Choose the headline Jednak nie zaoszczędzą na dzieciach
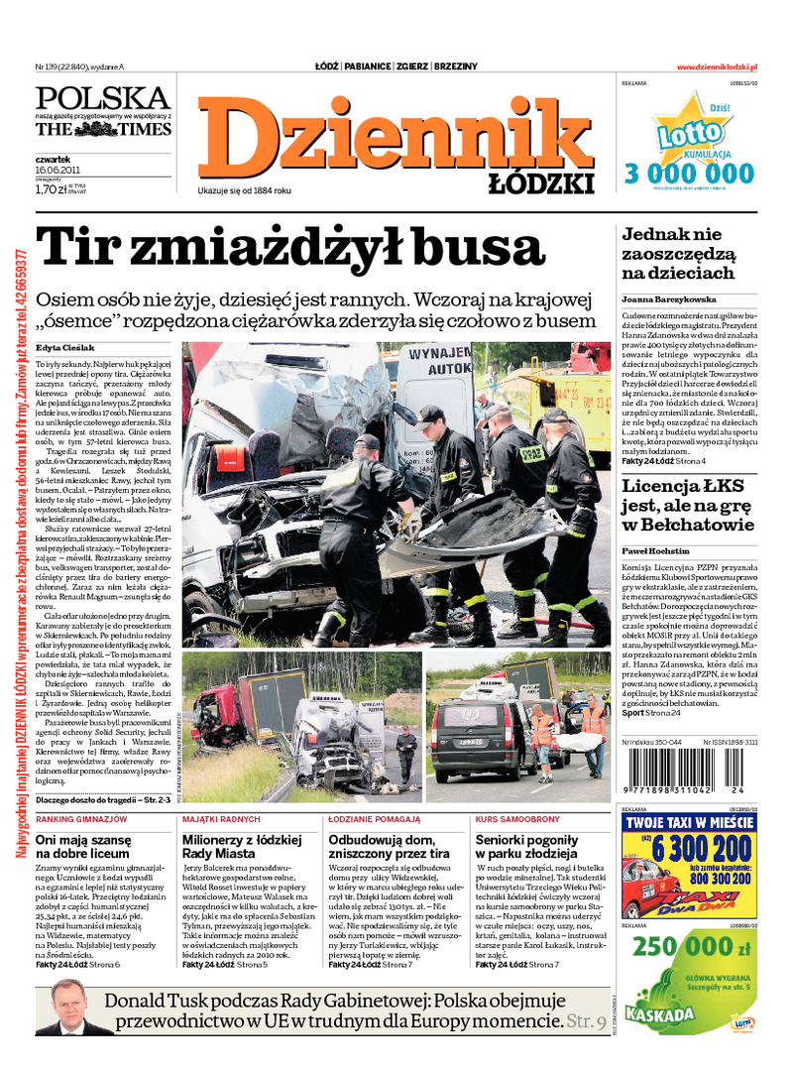pos(678,254)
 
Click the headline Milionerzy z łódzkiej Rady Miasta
pos(231,846)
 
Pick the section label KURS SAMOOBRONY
pos(517,819)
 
